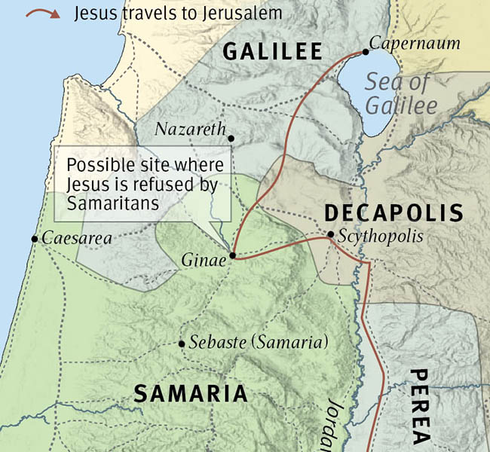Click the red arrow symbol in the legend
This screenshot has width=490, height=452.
[37, 14]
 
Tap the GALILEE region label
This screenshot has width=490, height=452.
[272, 51]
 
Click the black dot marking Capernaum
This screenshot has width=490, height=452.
[366, 51]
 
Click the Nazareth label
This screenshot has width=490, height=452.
[190, 130]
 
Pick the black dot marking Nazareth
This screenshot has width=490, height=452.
[231, 139]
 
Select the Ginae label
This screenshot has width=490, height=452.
[203, 261]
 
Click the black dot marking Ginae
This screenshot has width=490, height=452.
[232, 255]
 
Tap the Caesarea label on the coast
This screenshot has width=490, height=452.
[76, 239]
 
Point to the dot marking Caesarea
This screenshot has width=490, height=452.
[34, 239]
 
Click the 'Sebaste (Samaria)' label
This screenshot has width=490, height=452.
[259, 342]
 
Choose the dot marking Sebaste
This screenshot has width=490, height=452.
[182, 344]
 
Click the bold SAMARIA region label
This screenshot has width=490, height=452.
[190, 393]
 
